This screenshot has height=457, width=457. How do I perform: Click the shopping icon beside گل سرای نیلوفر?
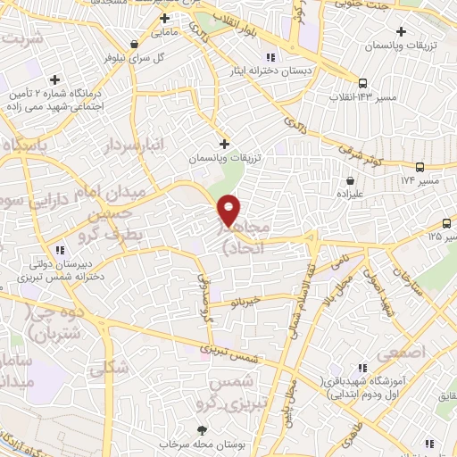pos(134,43)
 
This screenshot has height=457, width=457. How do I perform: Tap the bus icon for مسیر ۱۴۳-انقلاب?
pos(362,83)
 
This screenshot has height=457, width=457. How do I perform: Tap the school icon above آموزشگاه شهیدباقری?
pos(362,367)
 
